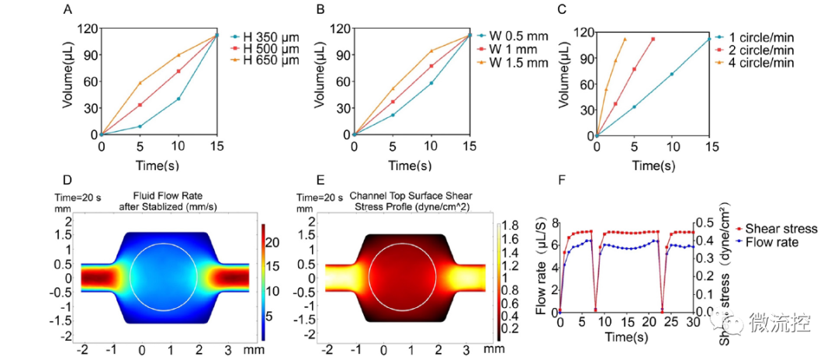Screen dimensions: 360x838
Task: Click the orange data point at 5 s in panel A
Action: tap(140, 83)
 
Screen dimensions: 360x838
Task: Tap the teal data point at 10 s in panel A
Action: tap(178, 99)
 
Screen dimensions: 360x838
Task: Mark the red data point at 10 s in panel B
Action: tap(431, 66)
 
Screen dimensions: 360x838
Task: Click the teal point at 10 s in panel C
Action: tap(672, 74)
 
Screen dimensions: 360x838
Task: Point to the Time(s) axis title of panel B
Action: tap(411, 166)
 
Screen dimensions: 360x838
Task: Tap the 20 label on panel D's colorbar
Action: tap(272, 243)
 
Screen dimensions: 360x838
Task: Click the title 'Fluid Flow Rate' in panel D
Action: tap(169, 197)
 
